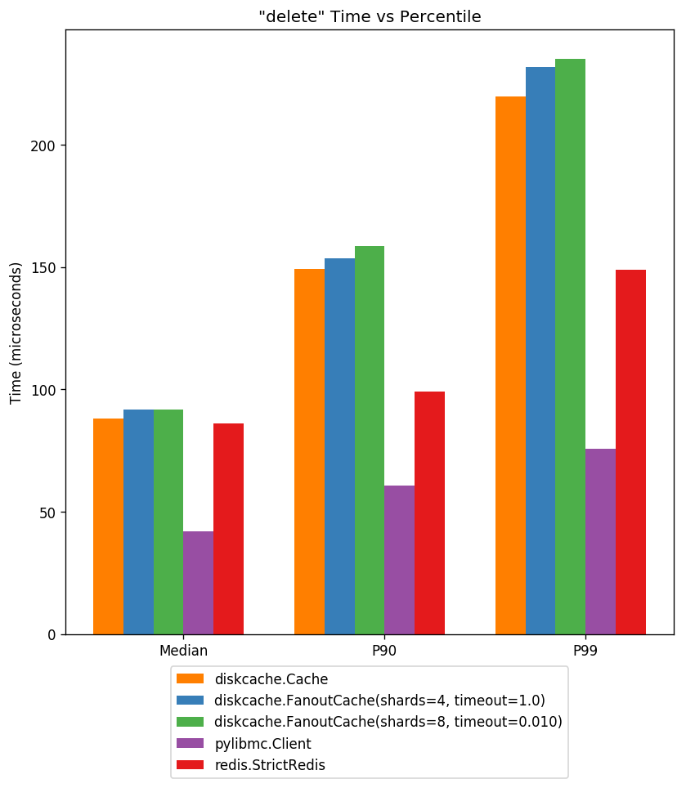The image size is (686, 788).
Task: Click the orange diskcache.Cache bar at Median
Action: point(108,526)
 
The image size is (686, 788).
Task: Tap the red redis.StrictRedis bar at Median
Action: point(228,529)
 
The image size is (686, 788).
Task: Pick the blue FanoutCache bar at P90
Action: point(339,446)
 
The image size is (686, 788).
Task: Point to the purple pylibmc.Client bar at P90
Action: point(399,560)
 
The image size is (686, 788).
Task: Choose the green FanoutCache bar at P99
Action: point(570,347)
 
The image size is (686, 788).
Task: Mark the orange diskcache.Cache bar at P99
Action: point(510,365)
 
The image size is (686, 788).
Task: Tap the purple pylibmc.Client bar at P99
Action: point(600,541)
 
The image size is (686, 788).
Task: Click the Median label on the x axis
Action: point(183,651)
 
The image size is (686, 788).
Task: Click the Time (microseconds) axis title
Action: point(16,333)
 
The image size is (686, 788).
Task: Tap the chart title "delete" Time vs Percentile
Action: point(370,16)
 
